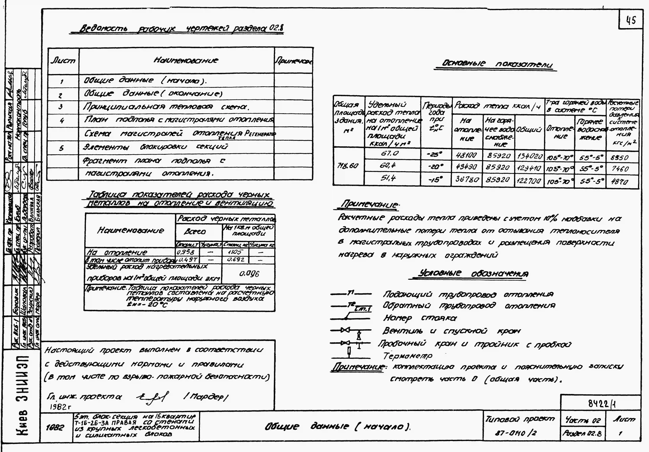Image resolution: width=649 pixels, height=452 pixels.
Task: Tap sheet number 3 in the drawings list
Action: point(60,107)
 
